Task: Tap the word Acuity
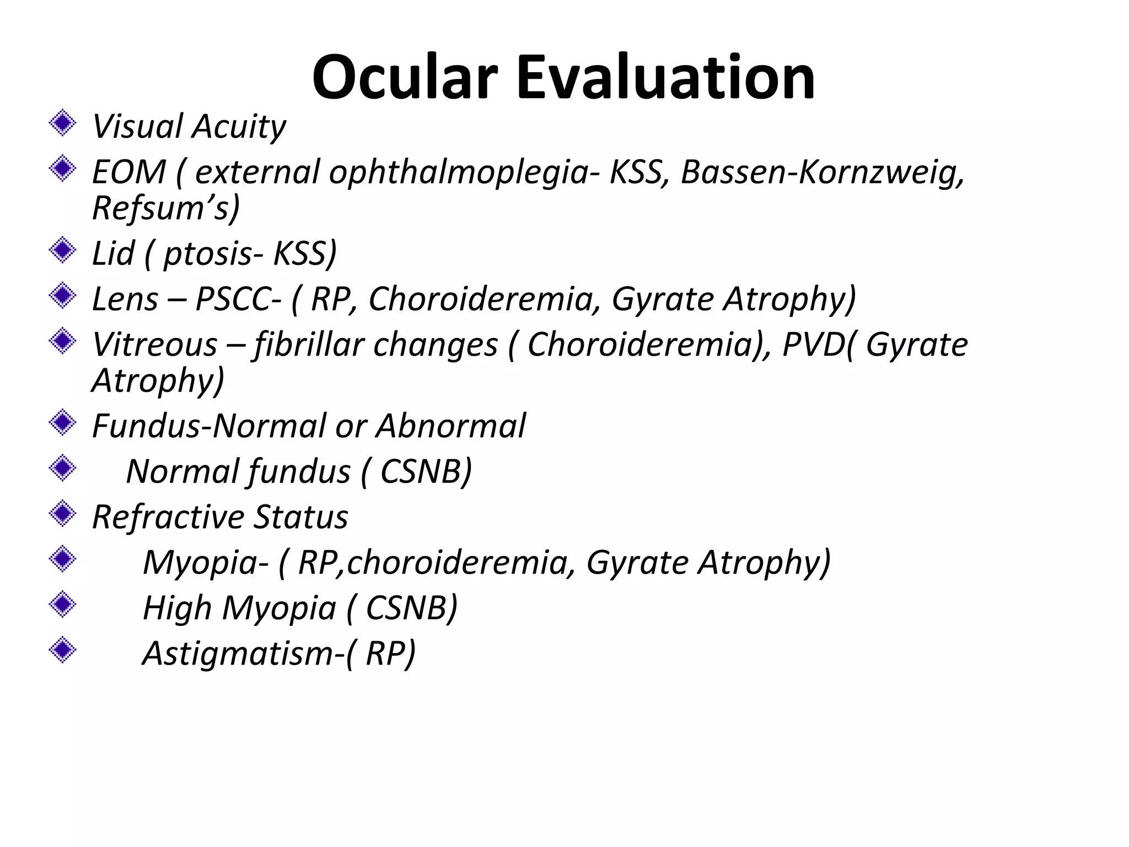pyautogui.click(x=239, y=126)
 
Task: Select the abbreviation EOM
pyautogui.click(x=128, y=172)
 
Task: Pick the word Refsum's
pyautogui.click(x=165, y=208)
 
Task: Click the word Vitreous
pyautogui.click(x=154, y=345)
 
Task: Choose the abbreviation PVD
pyautogui.click(x=813, y=345)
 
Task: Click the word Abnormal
pyautogui.click(x=450, y=426)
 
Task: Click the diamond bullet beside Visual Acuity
pyautogui.click(x=63, y=123)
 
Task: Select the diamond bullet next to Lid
pyautogui.click(x=63, y=250)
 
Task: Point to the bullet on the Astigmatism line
pyautogui.click(x=63, y=651)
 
